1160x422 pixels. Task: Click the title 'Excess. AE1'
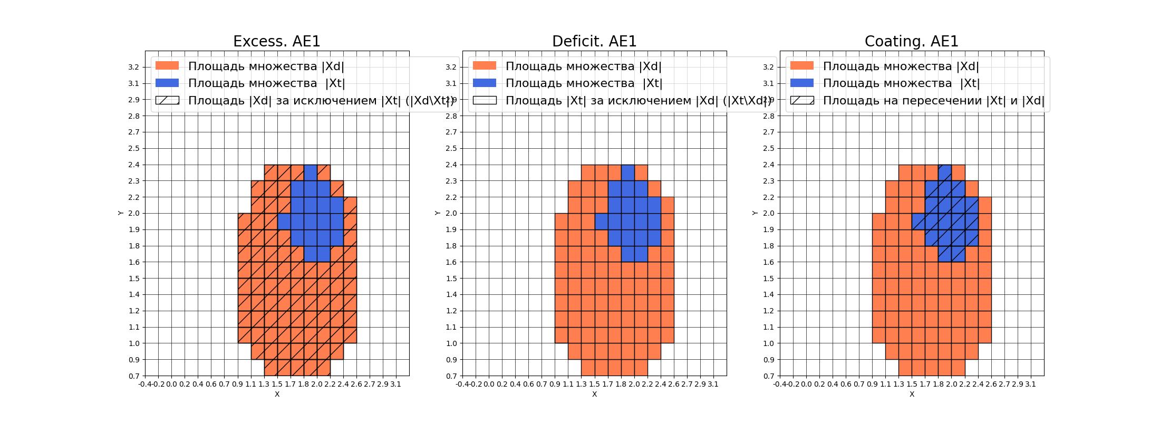click(276, 41)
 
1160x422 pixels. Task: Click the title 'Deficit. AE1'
click(594, 41)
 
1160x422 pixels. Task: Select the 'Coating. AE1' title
click(911, 41)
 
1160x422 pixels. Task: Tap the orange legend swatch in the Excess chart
click(167, 66)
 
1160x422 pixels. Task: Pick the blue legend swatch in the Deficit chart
click(485, 83)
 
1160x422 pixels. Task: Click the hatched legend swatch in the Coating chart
click(802, 100)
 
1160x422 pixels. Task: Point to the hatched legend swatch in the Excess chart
click(167, 100)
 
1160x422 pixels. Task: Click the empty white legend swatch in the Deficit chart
click(485, 100)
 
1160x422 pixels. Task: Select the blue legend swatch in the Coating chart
click(802, 83)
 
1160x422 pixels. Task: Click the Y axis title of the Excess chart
click(121, 213)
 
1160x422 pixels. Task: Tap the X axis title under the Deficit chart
click(594, 394)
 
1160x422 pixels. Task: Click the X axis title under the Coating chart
click(912, 394)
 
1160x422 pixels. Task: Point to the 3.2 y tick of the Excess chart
click(133, 67)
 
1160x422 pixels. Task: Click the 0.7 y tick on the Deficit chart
click(451, 376)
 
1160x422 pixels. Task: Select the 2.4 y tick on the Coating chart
click(768, 165)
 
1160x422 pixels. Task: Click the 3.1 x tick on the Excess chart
click(395, 384)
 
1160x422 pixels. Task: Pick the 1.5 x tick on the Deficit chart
click(594, 384)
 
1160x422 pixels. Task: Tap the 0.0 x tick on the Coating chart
click(806, 384)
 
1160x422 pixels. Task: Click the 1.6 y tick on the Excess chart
click(133, 262)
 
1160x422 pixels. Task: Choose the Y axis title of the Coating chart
click(755, 213)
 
